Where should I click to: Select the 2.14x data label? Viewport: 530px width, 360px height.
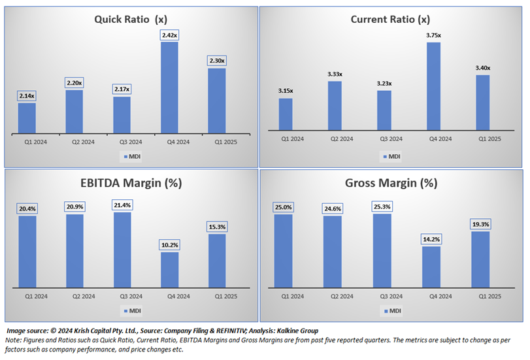(x=27, y=96)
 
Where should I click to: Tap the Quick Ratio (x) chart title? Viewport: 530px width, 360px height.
(x=131, y=20)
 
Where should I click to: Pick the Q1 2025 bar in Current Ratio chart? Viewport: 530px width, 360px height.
(x=482, y=103)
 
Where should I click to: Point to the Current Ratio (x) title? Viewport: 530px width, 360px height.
(x=390, y=19)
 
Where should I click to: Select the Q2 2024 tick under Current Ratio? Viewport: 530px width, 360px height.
(x=341, y=139)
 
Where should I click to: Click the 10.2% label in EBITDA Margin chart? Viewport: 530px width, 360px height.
(x=169, y=244)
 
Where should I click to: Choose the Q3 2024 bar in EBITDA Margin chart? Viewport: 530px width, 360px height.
(x=122, y=250)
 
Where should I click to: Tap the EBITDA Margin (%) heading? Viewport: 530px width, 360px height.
(x=131, y=184)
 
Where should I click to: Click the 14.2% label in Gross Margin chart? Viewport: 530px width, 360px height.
(x=431, y=238)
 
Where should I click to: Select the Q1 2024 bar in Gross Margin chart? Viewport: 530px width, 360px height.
(x=283, y=251)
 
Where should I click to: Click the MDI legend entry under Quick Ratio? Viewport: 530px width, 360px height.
(x=131, y=156)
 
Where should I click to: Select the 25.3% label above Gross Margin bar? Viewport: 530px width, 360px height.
(x=382, y=206)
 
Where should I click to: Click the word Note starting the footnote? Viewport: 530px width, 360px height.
(x=13, y=340)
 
